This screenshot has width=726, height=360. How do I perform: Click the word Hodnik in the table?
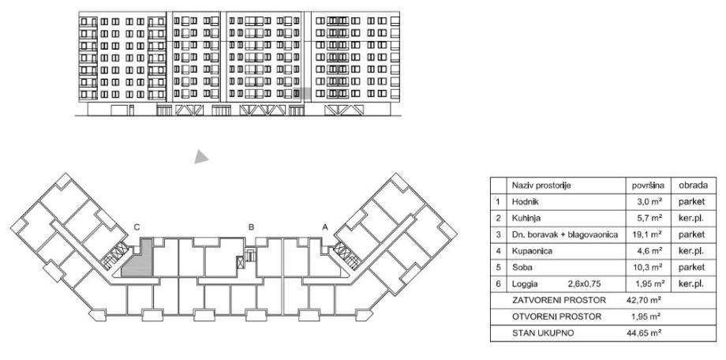point(526,202)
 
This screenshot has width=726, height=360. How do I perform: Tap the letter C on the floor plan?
point(137,227)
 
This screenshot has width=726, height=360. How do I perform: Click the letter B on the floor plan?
point(252,227)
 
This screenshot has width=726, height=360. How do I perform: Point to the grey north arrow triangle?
point(202,157)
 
